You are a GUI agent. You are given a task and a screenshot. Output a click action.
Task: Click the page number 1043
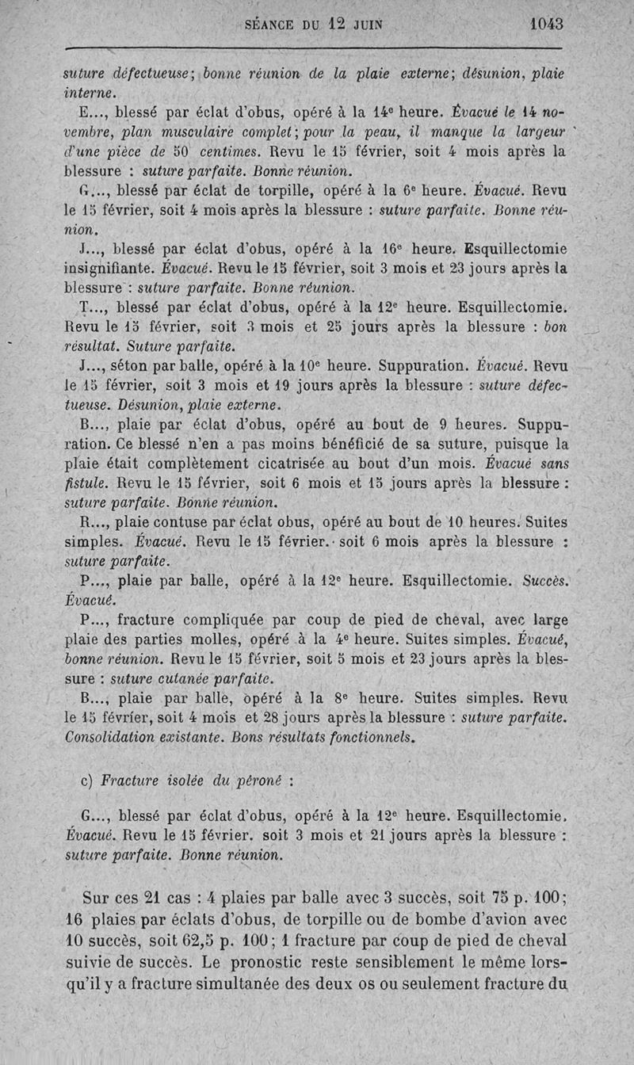(x=546, y=24)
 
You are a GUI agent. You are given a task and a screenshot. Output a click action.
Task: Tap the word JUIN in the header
(x=365, y=25)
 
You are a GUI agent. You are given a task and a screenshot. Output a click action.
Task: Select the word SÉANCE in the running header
(x=270, y=25)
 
